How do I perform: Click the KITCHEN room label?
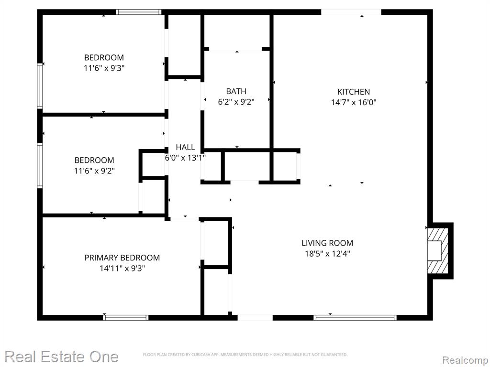354,92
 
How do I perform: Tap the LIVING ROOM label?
327,243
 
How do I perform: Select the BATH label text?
236,91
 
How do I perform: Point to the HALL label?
185,147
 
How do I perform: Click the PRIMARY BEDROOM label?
122,258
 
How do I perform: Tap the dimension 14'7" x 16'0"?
354,102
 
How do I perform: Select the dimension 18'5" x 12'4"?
327,253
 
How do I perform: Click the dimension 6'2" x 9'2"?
236,102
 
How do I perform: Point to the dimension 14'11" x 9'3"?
122,268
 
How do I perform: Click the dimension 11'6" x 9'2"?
94,171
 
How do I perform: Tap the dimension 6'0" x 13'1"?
185,158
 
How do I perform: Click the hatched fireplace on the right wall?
437,251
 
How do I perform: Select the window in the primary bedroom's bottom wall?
126,317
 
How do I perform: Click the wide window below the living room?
356,317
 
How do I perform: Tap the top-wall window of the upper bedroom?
139,12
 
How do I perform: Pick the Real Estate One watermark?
62,356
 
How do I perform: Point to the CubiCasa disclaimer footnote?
245,355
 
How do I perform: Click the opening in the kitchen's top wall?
351,12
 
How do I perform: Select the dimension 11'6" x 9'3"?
104,68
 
